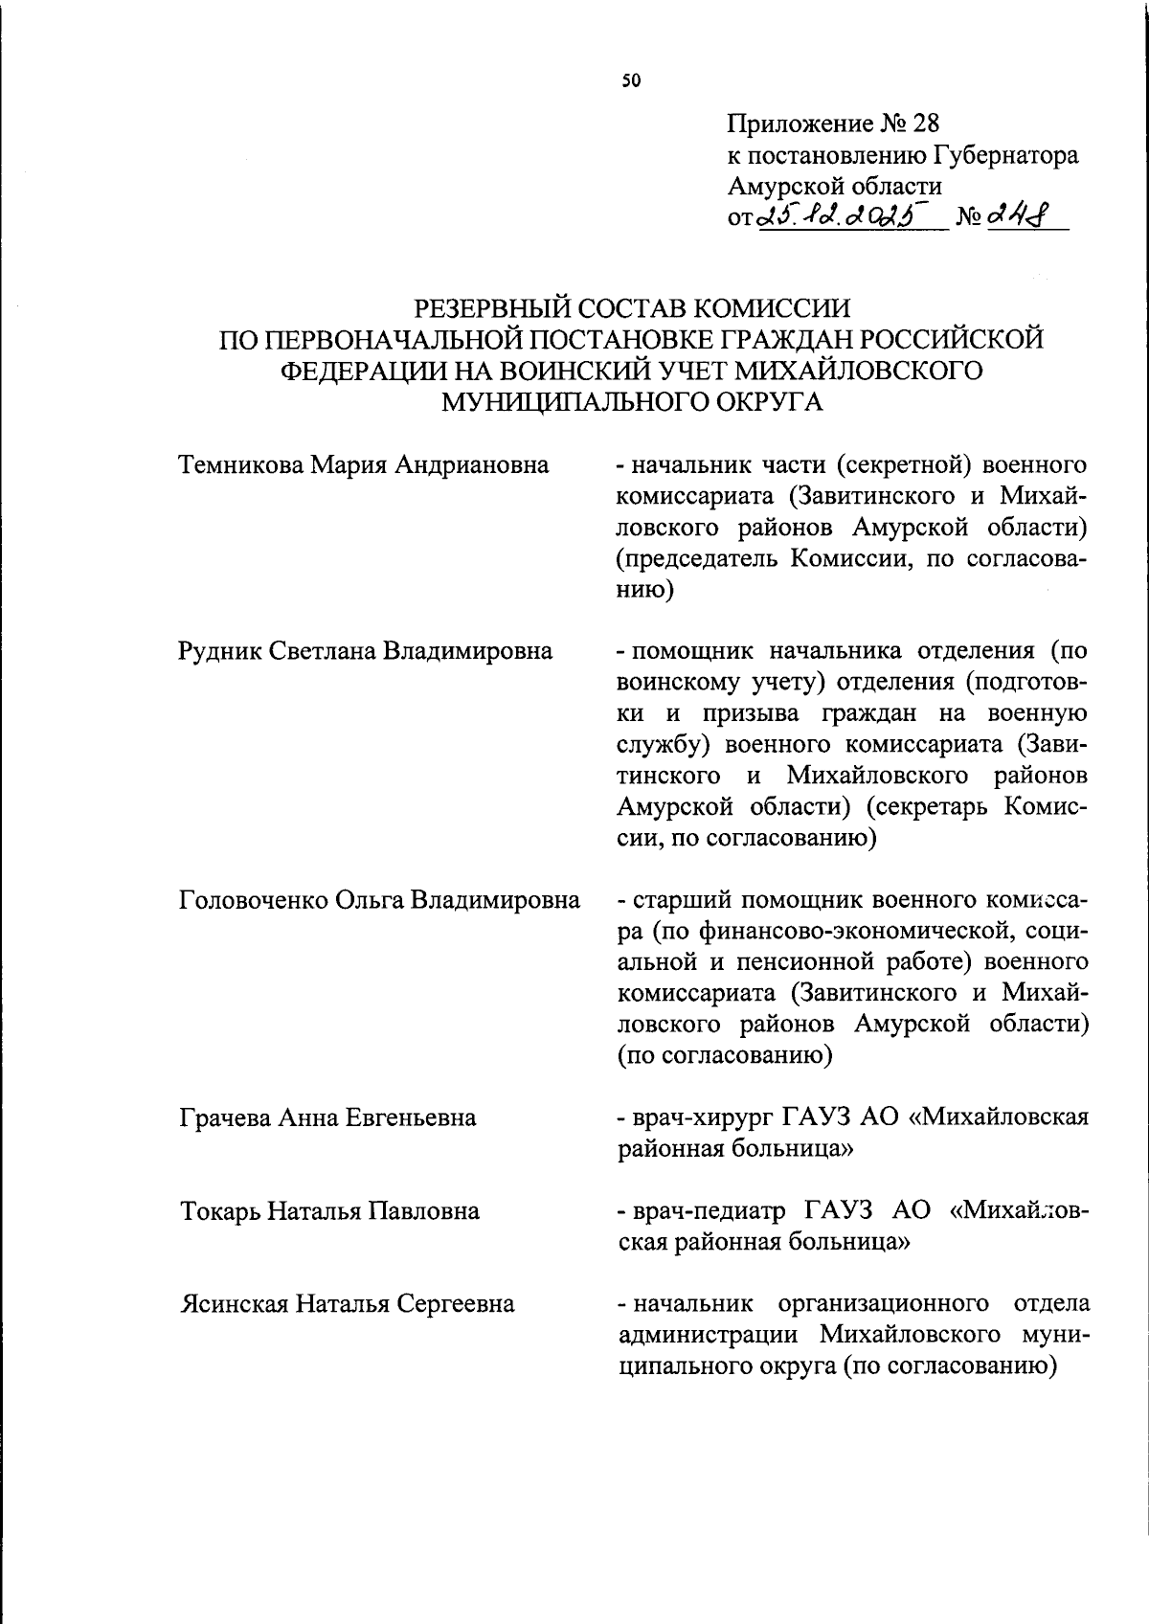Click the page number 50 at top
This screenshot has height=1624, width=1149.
click(630, 81)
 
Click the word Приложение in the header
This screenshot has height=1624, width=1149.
click(800, 124)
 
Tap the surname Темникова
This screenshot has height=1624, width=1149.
click(241, 465)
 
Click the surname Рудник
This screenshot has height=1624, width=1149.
click(220, 651)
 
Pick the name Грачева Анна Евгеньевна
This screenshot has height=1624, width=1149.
click(327, 1117)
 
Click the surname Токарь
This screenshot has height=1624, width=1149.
click(220, 1211)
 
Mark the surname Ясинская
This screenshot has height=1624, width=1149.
click(234, 1304)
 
